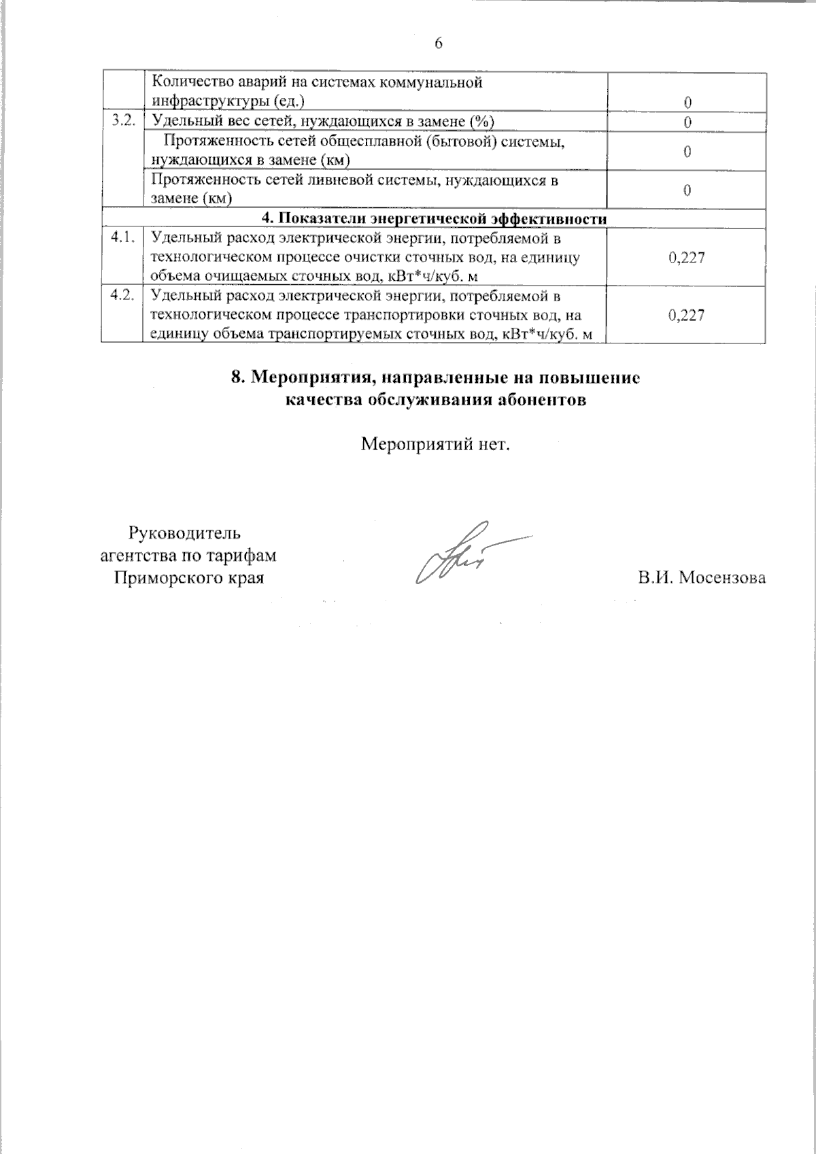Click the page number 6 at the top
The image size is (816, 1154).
[x=438, y=44]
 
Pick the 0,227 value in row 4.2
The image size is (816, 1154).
[x=686, y=315]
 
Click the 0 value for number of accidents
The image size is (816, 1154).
[x=687, y=103]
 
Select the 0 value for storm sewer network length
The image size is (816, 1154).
[x=687, y=190]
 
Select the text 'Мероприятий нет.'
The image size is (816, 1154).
[x=435, y=445]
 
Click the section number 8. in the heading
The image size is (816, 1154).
[x=238, y=379]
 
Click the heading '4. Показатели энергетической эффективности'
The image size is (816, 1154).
[x=435, y=218]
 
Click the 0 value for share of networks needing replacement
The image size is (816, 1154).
[x=687, y=122]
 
